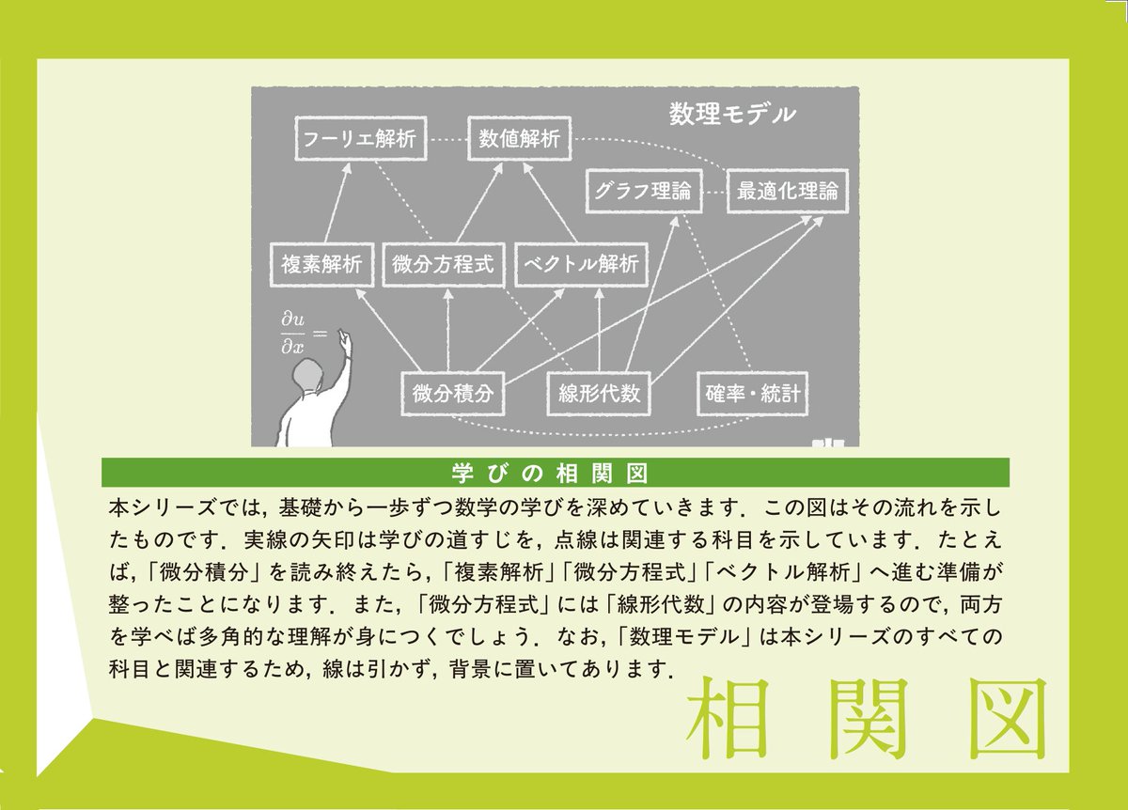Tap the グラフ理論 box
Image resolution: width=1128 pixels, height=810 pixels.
(x=644, y=193)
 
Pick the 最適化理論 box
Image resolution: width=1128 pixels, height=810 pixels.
(x=787, y=193)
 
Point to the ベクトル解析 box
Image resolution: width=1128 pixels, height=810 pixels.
(x=581, y=264)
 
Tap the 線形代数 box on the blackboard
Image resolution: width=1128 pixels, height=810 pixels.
(x=598, y=393)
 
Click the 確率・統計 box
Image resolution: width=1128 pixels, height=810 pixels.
(x=753, y=393)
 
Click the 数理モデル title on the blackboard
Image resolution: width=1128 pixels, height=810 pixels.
(x=732, y=115)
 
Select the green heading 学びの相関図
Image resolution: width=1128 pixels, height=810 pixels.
(x=555, y=472)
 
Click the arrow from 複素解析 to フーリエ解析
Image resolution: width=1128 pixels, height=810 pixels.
(x=337, y=203)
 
